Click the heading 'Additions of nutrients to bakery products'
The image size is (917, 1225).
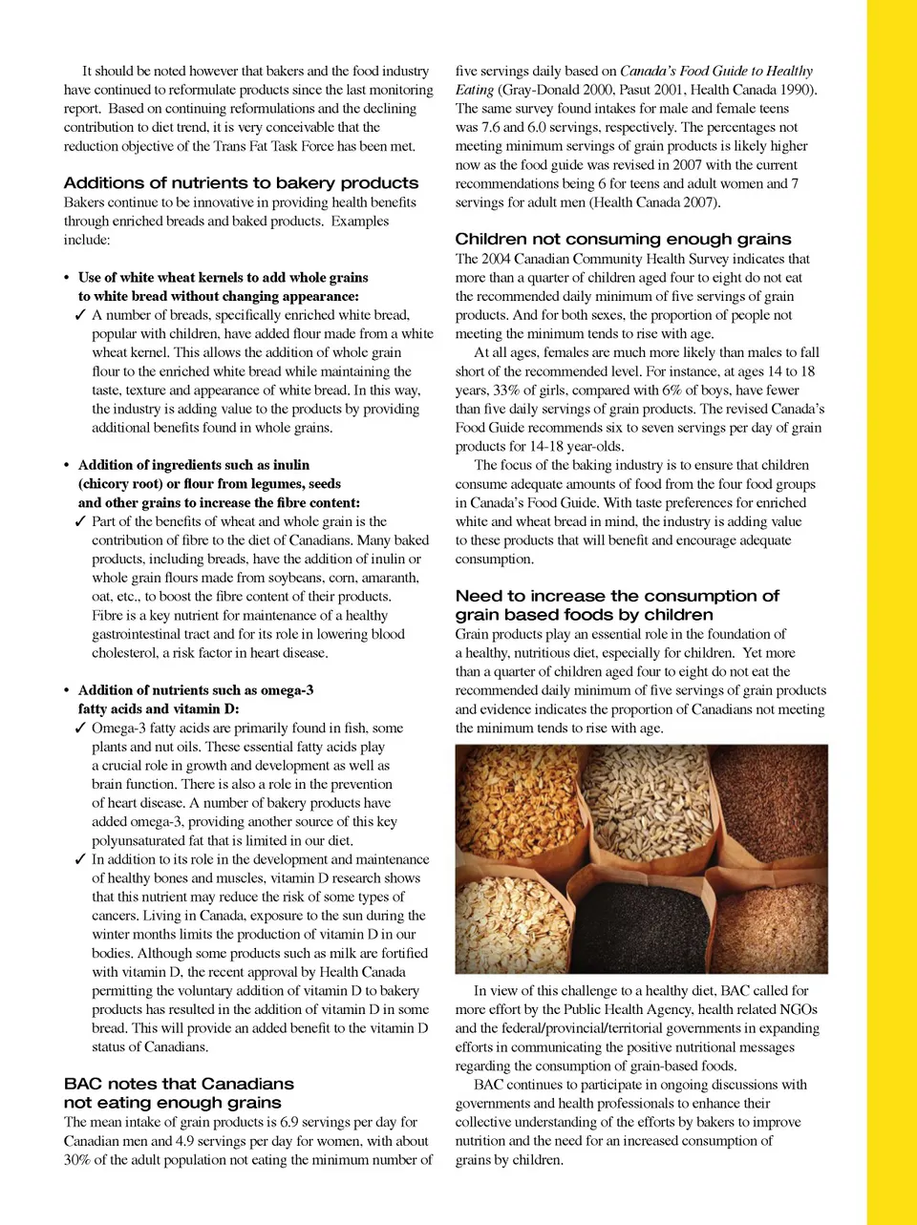[241, 182]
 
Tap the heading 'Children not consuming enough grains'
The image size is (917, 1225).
[623, 239]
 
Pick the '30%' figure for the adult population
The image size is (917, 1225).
[77, 1160]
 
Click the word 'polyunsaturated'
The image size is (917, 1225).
[139, 840]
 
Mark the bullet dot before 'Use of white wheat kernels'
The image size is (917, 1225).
[67, 278]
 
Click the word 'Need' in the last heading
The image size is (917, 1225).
[478, 596]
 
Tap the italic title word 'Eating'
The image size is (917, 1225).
[475, 90]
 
